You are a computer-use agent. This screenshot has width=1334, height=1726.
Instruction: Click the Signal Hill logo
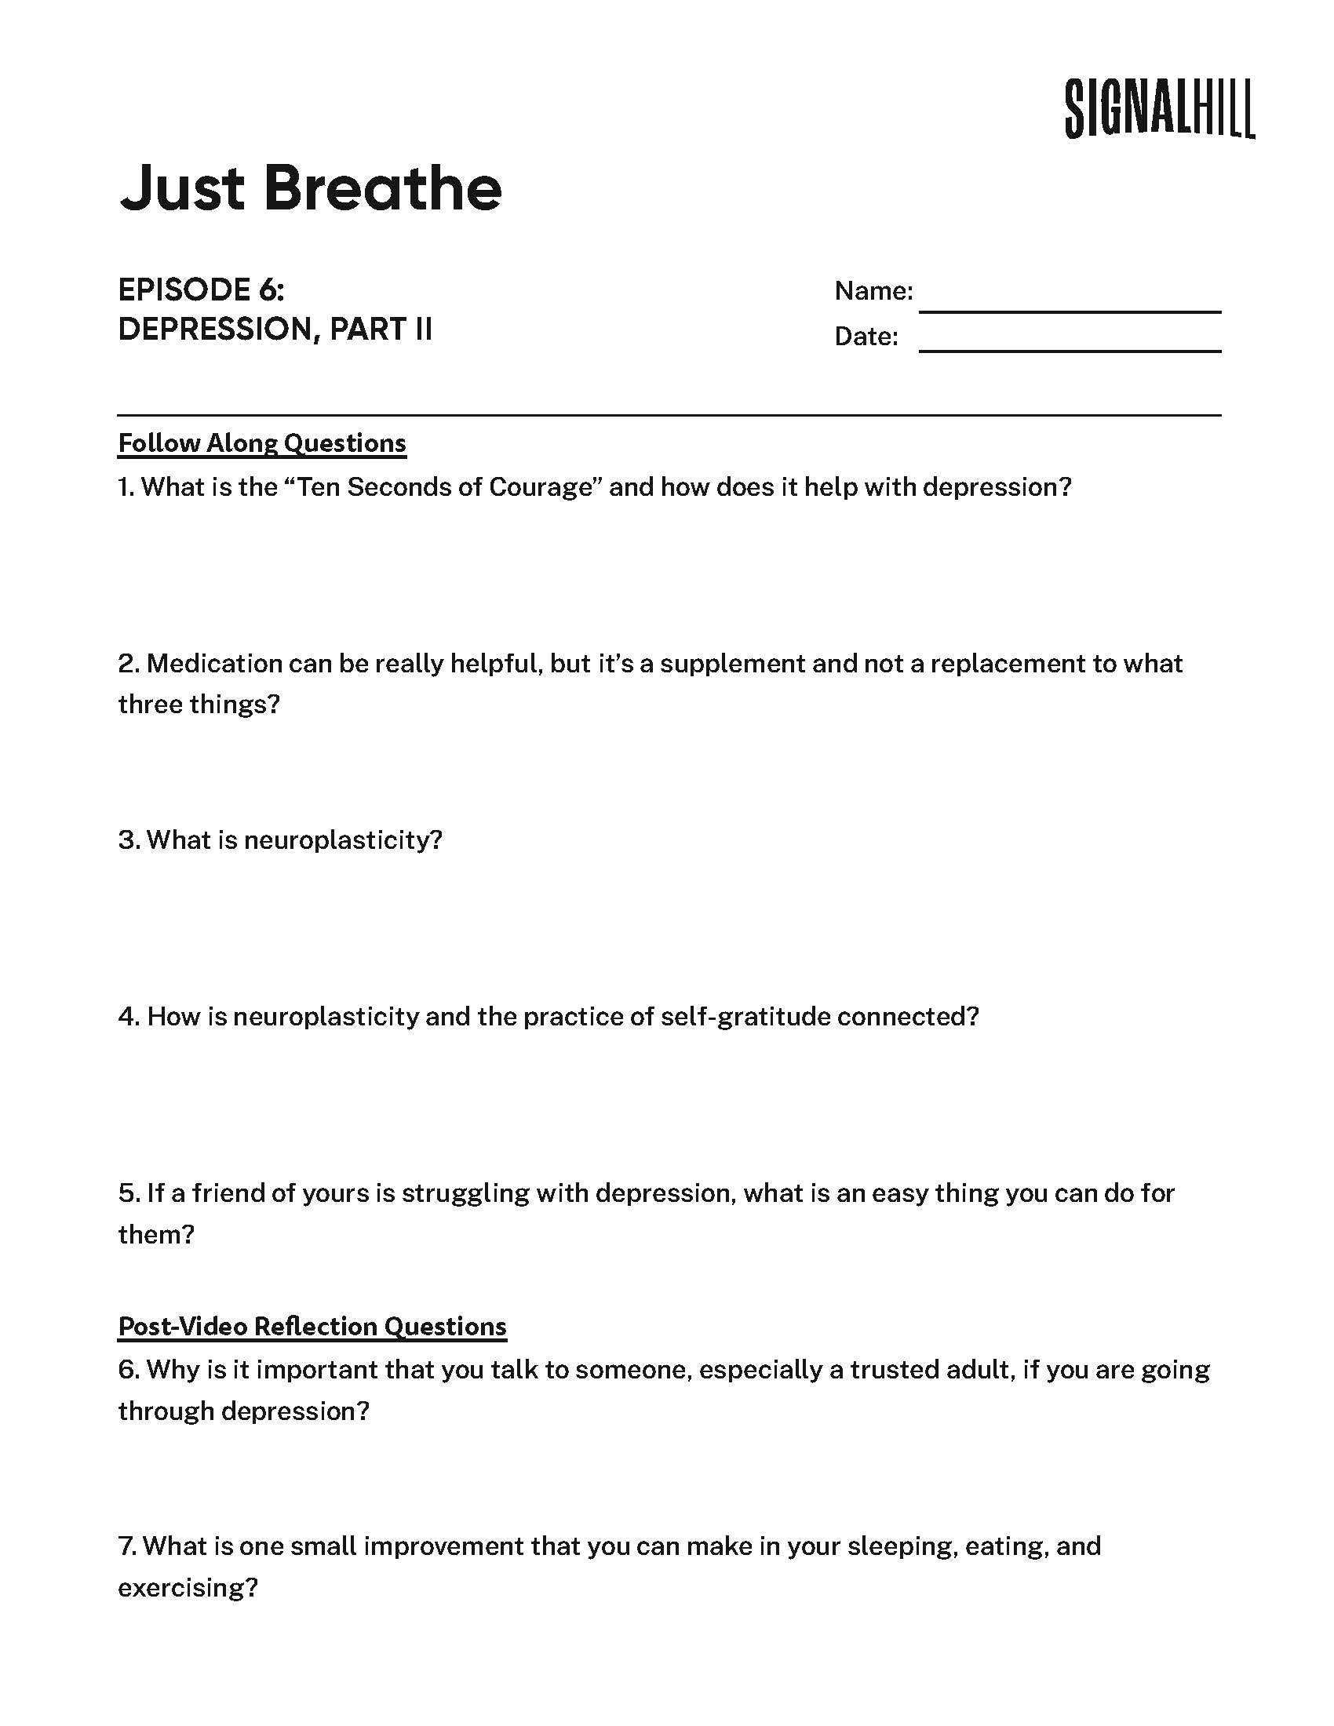(x=1158, y=109)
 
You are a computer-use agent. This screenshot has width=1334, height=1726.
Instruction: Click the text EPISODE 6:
(x=201, y=290)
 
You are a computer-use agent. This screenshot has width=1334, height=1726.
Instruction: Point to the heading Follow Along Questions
(x=261, y=443)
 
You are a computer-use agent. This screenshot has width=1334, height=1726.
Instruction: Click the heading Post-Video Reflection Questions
(x=312, y=1325)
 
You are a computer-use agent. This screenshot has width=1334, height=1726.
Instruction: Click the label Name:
(x=873, y=291)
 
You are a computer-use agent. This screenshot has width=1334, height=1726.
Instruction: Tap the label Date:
(x=866, y=337)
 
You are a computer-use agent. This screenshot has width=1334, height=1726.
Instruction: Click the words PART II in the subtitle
(x=380, y=329)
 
